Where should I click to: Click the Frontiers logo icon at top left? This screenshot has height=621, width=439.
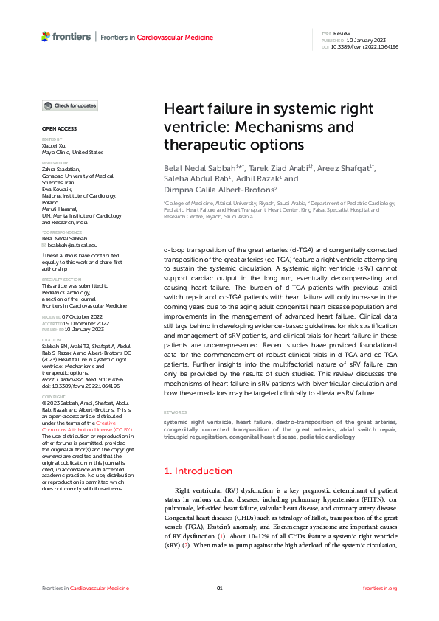tap(46, 36)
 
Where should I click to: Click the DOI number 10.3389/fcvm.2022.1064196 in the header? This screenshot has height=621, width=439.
tap(366, 46)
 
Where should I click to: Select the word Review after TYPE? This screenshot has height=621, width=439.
tap(342, 34)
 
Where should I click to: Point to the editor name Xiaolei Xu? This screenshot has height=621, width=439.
tap(53, 146)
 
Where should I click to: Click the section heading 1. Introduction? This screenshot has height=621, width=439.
tap(198, 471)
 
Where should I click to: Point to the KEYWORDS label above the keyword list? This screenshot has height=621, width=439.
tap(176, 412)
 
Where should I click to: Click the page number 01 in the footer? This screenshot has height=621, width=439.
tap(219, 588)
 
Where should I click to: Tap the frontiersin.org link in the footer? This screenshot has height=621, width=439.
tap(380, 588)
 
